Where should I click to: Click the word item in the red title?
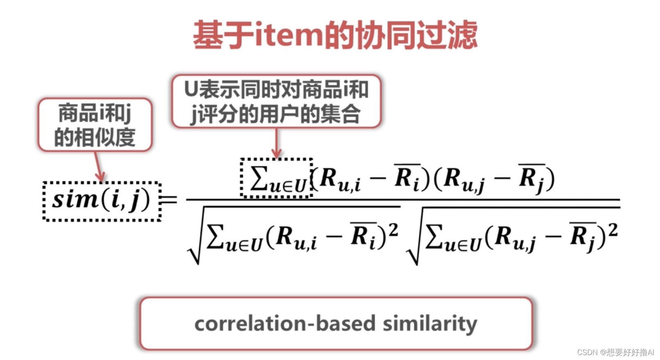(289, 35)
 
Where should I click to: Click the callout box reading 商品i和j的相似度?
(95, 125)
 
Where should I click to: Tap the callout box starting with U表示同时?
(276, 101)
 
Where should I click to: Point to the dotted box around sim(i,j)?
(102, 201)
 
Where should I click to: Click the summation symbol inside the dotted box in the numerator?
(259, 178)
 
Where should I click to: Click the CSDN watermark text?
(615, 352)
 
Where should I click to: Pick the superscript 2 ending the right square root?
(612, 231)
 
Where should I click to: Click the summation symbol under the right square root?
(435, 237)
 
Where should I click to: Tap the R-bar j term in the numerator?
(532, 178)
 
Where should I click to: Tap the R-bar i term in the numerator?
(407, 178)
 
